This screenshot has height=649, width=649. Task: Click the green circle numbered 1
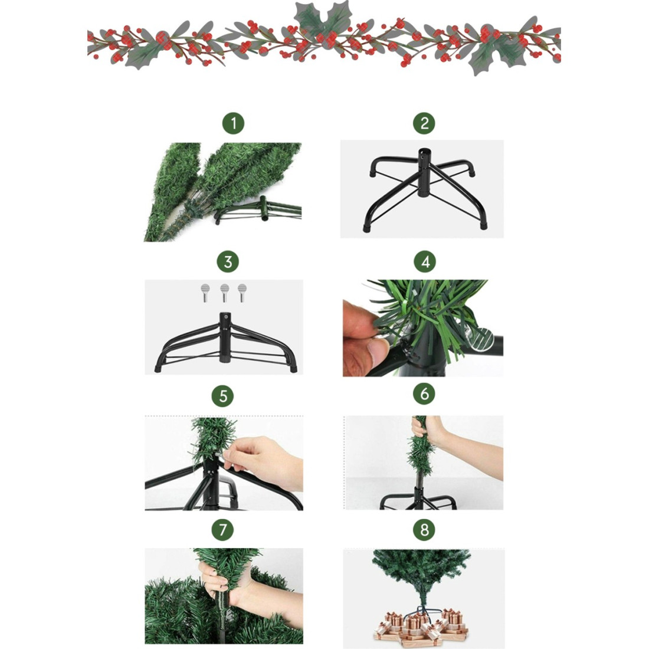click(233, 123)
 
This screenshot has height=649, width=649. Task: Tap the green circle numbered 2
click(424, 123)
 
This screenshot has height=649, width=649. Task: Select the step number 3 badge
click(228, 261)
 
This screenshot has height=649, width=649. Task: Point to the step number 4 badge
click(425, 261)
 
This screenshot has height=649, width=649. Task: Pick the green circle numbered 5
click(222, 396)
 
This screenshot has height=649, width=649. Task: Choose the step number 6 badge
click(424, 394)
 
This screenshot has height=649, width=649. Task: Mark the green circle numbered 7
click(222, 530)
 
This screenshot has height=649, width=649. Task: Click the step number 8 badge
click(424, 530)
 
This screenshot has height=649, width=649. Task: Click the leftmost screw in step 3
click(205, 293)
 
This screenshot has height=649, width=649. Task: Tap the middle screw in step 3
click(224, 293)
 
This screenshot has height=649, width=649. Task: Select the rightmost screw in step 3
click(242, 293)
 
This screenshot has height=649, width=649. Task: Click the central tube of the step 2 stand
click(424, 172)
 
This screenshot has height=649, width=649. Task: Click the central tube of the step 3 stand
click(225, 337)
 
